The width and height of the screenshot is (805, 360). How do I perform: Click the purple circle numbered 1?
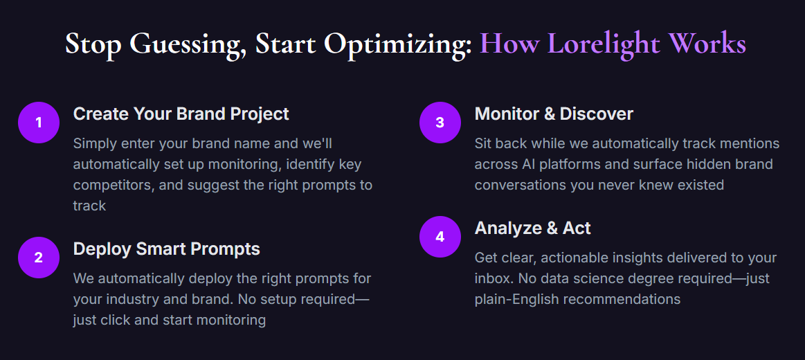click(x=39, y=123)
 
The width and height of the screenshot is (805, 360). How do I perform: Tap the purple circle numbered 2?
click(x=39, y=258)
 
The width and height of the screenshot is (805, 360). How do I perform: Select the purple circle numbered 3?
click(x=440, y=123)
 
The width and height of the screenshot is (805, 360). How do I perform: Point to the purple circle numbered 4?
click(x=440, y=236)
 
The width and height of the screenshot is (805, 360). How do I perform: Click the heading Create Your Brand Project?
click(x=181, y=114)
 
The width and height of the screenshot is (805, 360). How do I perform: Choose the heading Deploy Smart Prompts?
click(x=167, y=249)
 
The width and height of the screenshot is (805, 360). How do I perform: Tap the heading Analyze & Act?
click(x=533, y=228)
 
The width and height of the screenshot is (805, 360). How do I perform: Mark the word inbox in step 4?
click(x=494, y=279)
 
